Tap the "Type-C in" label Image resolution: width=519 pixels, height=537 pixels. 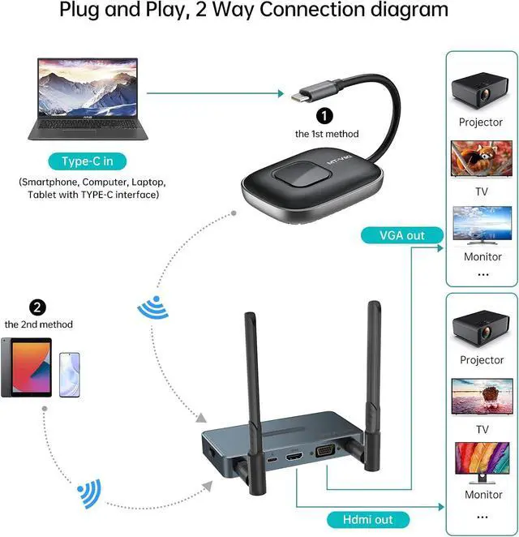86,161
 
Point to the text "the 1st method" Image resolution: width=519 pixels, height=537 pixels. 326,134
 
